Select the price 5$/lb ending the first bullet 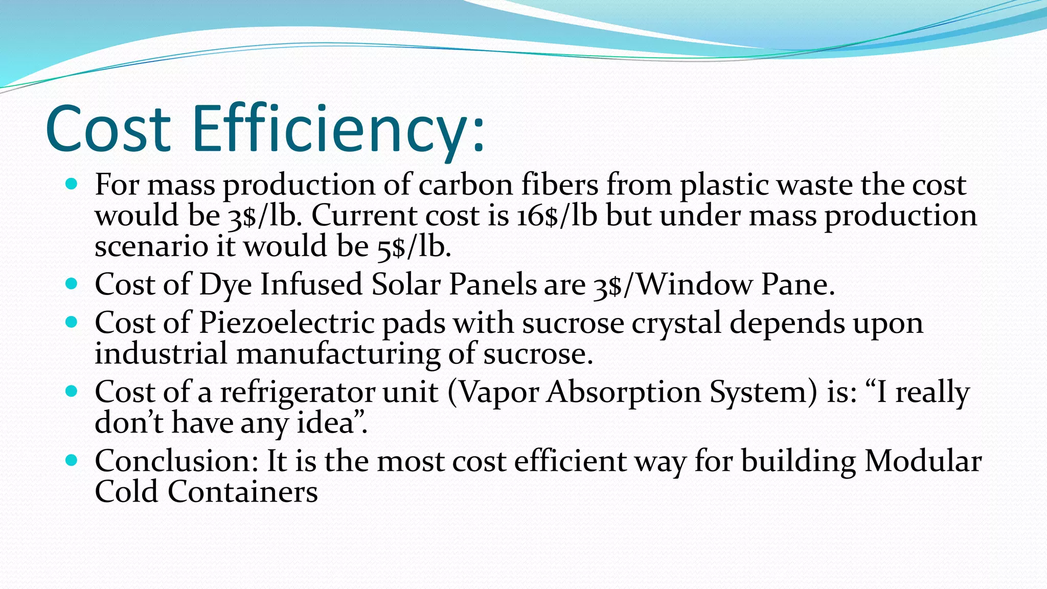(x=414, y=247)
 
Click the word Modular (x=923, y=461)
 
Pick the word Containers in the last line (x=242, y=492)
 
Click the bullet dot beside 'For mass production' (x=72, y=184)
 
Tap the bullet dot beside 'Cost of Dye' (x=72, y=284)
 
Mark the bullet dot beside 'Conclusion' (x=72, y=460)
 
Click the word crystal (x=676, y=323)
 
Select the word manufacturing (x=338, y=354)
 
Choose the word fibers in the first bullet (x=559, y=185)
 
